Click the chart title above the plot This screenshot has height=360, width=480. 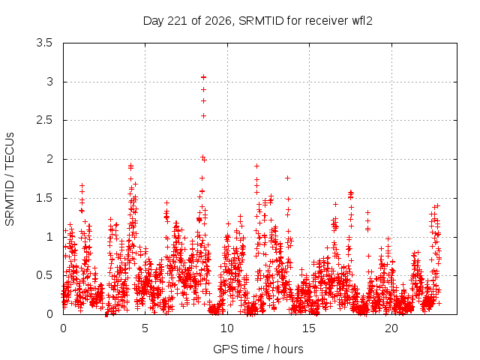point(258,21)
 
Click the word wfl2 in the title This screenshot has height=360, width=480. point(362,20)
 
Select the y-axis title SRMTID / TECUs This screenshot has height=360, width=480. point(10,179)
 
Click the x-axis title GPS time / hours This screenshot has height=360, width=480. point(258,349)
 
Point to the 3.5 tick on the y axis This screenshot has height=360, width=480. point(44,43)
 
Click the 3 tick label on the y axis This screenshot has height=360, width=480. point(50,82)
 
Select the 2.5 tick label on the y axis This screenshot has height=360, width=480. point(44,120)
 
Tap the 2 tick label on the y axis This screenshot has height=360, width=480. point(50,159)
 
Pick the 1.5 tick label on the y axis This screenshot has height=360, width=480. point(44,198)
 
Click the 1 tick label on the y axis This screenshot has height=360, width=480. point(50,237)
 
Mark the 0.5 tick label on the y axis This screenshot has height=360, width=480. point(44,275)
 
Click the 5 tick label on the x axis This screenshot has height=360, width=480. point(145,328)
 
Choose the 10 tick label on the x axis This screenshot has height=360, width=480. point(226,328)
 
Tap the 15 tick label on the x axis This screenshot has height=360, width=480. point(309,328)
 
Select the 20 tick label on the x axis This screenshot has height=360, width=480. point(391,328)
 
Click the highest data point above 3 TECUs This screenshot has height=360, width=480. point(203,77)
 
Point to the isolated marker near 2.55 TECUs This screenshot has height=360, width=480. point(203,116)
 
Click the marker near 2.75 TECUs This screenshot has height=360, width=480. point(203,101)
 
